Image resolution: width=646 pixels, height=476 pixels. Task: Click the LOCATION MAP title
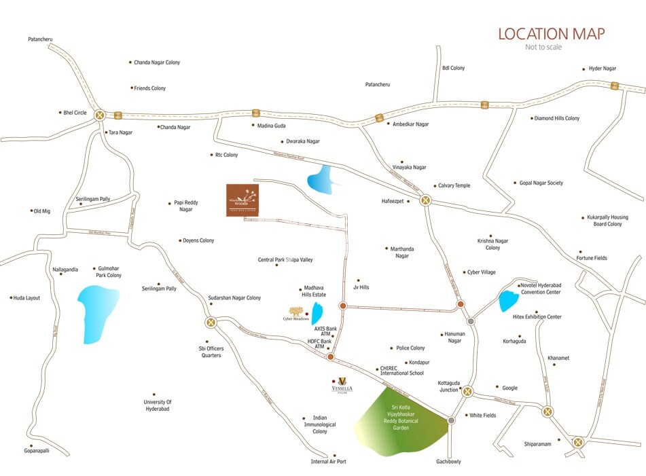(551, 33)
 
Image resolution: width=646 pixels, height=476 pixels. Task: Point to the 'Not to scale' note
(543, 48)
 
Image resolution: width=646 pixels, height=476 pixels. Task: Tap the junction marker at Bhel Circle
(100, 115)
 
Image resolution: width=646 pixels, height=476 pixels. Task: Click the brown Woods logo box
(243, 200)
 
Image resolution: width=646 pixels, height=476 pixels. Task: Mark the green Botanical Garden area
(397, 421)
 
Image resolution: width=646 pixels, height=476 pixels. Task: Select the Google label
(509, 388)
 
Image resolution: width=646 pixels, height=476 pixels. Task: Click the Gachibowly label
(448, 462)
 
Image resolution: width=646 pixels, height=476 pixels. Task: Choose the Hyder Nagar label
(602, 69)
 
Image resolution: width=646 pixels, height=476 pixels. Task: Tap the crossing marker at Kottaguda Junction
(467, 391)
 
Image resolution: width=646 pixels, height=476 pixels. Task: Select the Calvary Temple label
(453, 185)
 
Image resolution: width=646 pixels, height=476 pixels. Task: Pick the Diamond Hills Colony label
(556, 118)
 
